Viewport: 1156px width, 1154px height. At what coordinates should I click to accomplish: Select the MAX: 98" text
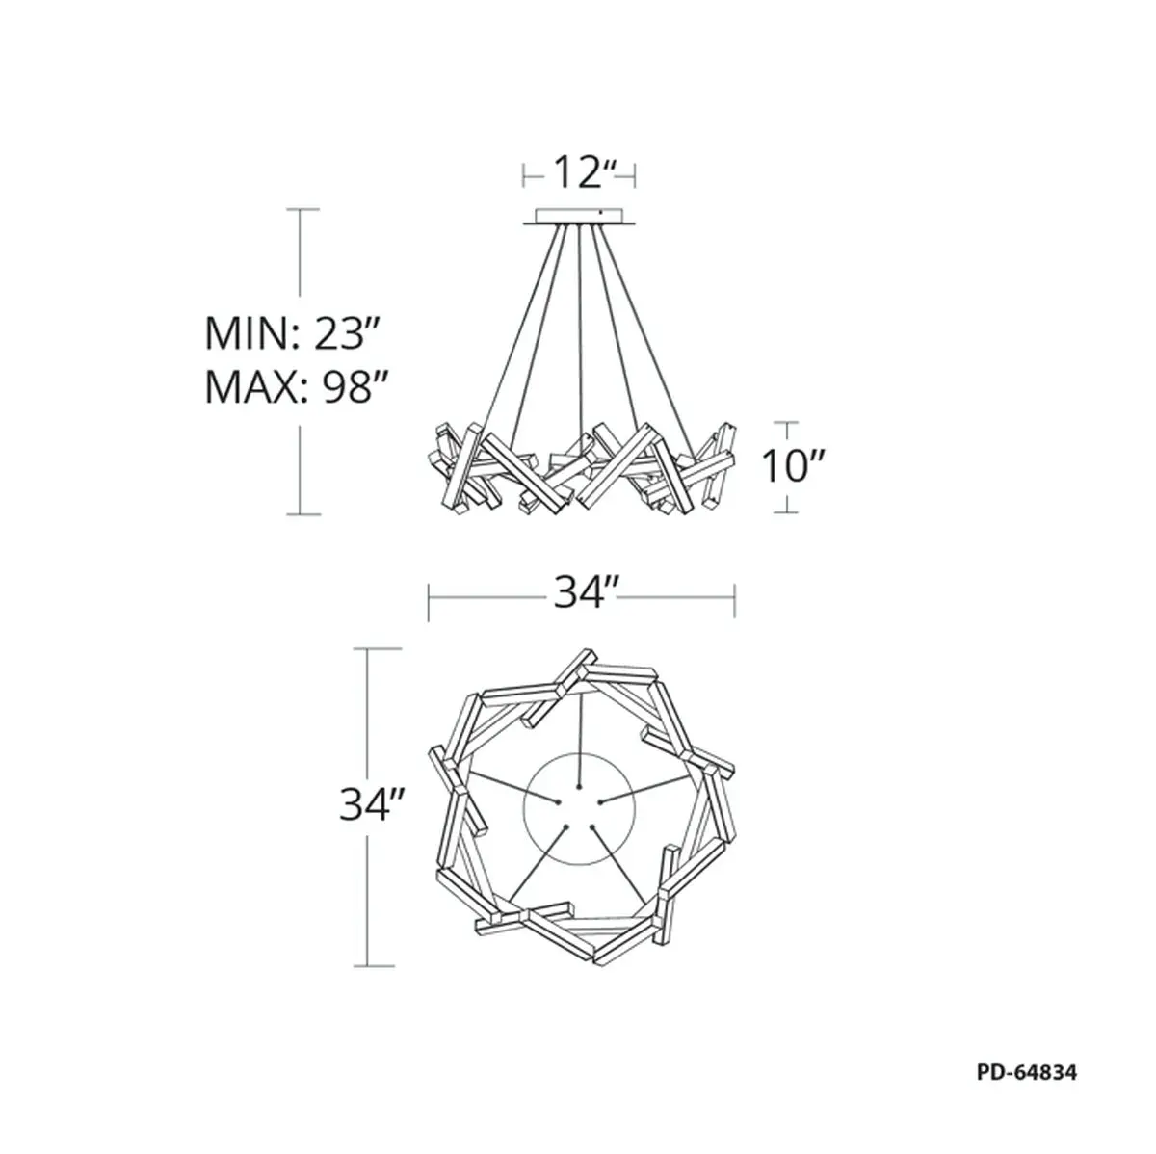(x=294, y=387)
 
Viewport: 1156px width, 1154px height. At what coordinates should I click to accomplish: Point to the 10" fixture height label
(x=794, y=466)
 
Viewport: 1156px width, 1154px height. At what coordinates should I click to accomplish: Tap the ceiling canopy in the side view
(x=580, y=217)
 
